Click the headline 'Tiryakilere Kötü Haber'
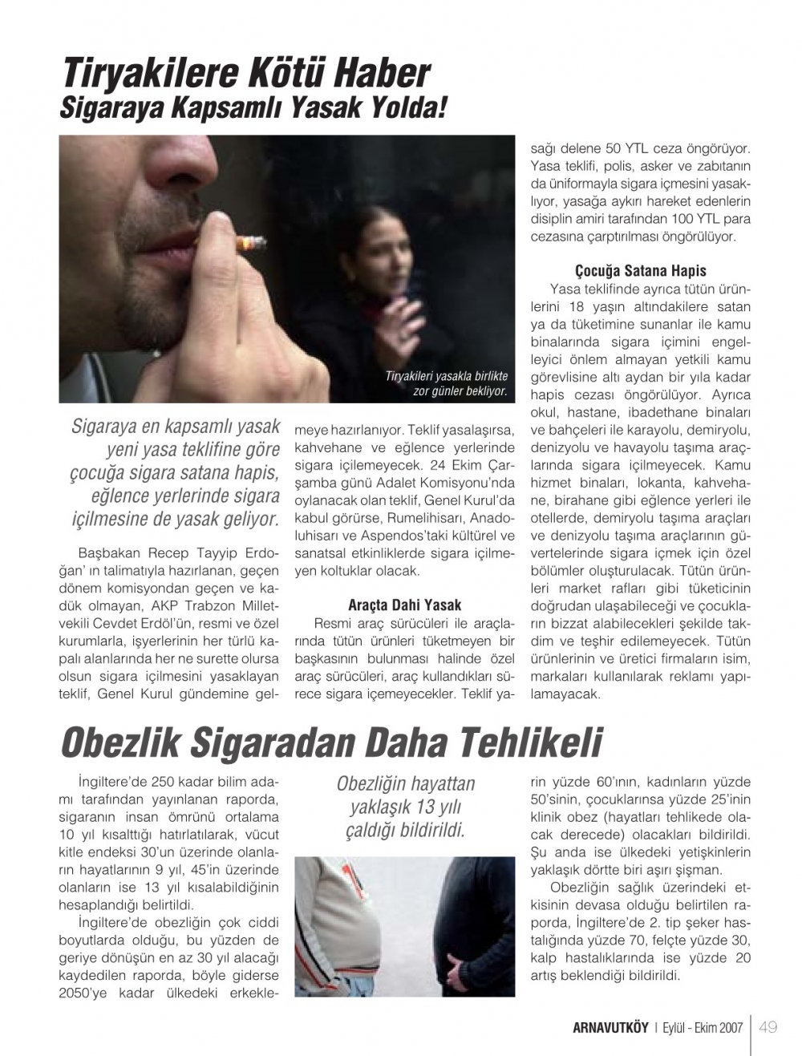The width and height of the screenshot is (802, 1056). (246, 74)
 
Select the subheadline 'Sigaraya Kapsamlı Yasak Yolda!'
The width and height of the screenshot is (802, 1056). (253, 108)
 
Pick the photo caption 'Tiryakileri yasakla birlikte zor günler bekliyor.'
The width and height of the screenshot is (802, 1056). (447, 383)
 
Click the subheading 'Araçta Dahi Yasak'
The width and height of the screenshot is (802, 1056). (404, 605)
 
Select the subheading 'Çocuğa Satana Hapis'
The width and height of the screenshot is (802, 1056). (640, 271)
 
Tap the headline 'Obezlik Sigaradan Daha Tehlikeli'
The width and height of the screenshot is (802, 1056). (330, 742)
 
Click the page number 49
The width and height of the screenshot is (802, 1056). (768, 1027)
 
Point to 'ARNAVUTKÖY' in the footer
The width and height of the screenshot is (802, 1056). (610, 1028)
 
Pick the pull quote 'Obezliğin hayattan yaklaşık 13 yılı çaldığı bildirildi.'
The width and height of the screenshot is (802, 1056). (405, 807)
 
